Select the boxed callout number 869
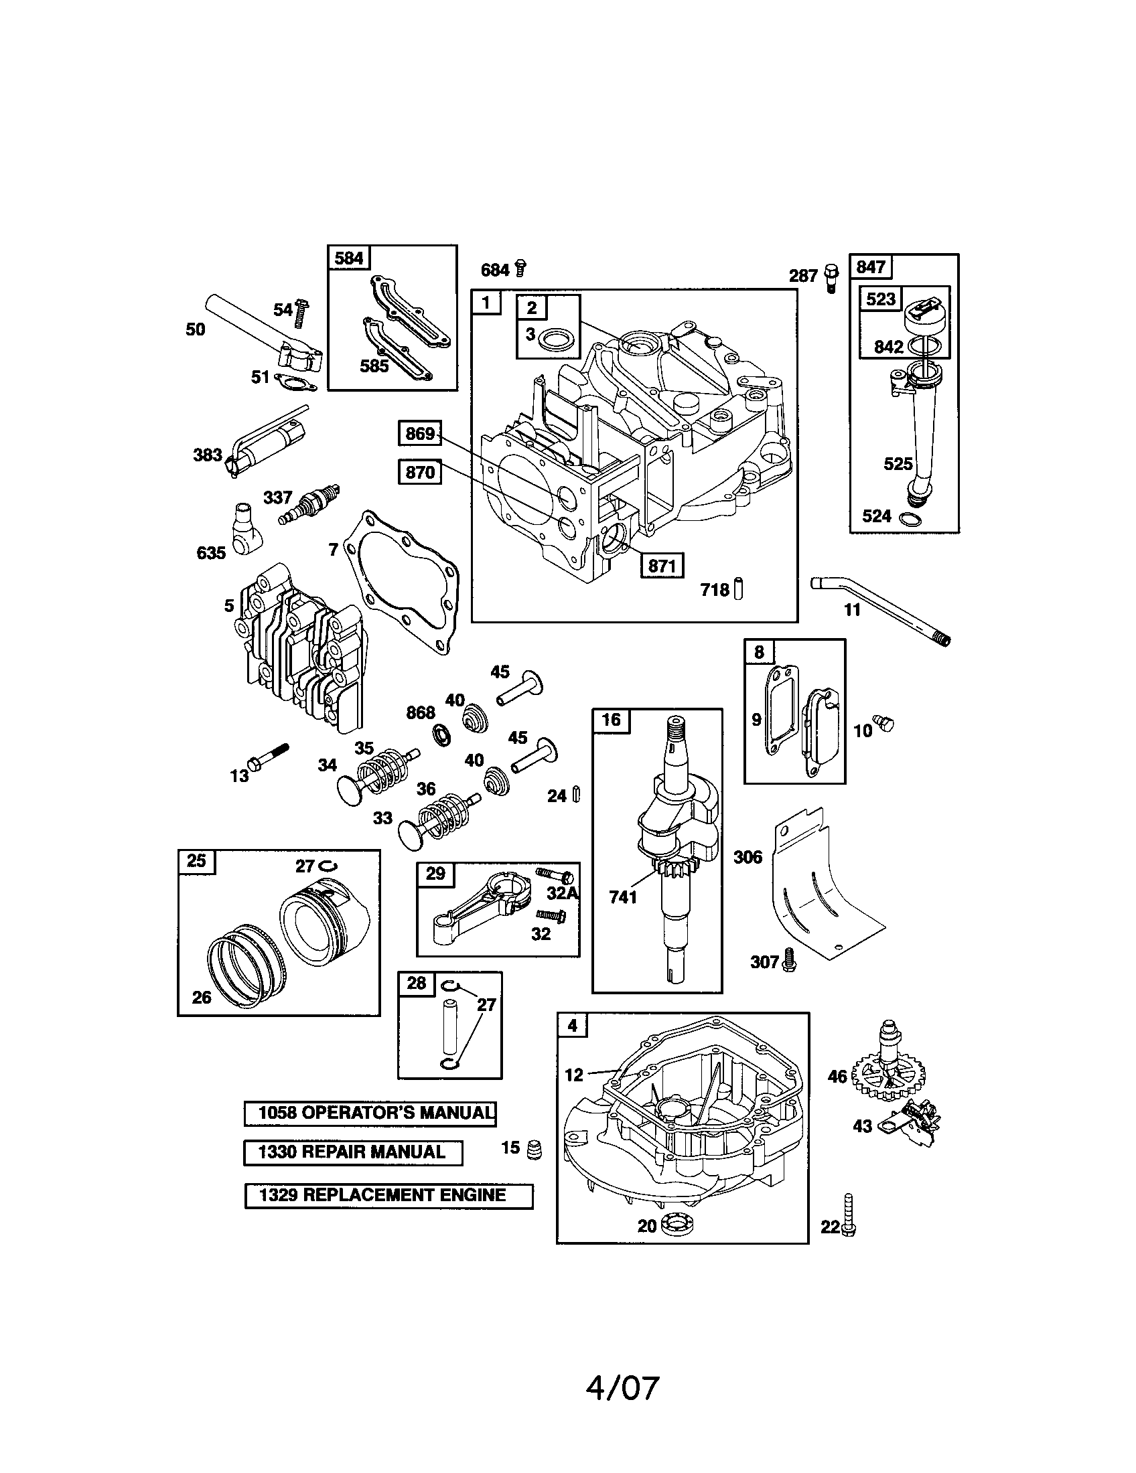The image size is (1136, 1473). coord(419,434)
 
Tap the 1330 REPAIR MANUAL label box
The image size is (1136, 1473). coord(352,1152)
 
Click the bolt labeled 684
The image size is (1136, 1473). coord(520,268)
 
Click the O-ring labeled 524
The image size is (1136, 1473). coord(909,518)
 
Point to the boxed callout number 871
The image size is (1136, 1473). coord(662,566)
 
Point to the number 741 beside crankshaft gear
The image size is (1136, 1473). coord(623,899)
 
